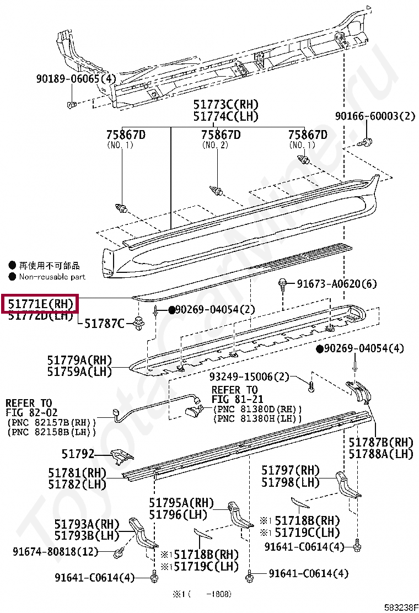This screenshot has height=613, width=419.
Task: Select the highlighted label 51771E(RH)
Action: pos(40,304)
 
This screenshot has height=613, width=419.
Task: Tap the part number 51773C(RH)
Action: pos(225,105)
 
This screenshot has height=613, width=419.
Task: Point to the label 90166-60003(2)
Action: pos(375,116)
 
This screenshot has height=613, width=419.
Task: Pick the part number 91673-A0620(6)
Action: pos(337,284)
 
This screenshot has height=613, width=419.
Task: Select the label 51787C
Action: pos(104,323)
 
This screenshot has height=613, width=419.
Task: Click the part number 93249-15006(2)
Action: pos(249,377)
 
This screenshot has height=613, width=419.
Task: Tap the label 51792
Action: pos(78,454)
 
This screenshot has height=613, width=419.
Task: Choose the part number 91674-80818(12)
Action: pos(55,551)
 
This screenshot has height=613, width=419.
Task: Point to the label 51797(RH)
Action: pos(290,470)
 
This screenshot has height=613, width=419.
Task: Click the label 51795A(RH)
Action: pos(181,503)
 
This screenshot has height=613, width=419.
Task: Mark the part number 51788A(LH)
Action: pos(380,454)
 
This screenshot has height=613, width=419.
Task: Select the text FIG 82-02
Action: pos(31,412)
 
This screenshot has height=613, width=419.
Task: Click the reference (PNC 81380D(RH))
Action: pos(257,408)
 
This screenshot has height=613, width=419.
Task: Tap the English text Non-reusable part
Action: pos(52,276)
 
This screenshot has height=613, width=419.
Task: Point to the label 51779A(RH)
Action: pos(79,361)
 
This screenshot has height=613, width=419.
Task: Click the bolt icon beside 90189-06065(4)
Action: pos(71,104)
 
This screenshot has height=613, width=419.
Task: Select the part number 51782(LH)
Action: pos(77,483)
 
